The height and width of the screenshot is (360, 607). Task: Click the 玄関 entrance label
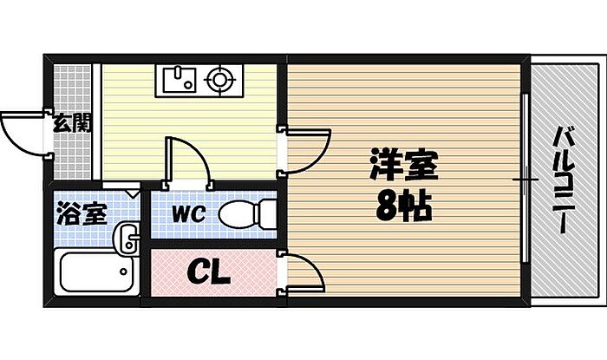click(x=72, y=123)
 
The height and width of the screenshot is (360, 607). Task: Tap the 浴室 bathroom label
click(x=82, y=213)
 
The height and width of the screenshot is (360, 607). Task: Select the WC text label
click(x=188, y=213)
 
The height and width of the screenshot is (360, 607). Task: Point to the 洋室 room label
click(x=404, y=164)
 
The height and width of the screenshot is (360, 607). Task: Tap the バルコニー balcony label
click(x=564, y=180)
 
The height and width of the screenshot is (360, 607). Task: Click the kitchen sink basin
click(x=179, y=80)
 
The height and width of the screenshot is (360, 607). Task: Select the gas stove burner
click(x=219, y=80)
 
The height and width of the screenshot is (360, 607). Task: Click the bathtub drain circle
click(x=123, y=272)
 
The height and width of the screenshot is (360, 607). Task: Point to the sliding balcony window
click(x=525, y=179)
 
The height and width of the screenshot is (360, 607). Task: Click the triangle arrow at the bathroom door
click(x=134, y=193)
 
